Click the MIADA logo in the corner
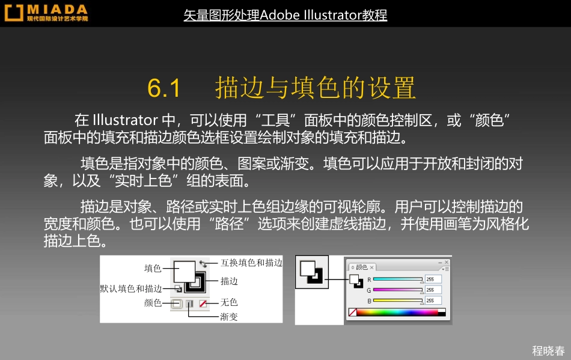pos(47,13)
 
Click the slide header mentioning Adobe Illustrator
pos(285,15)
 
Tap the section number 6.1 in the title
pos(164,88)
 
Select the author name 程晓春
pos(548,351)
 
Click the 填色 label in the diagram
pos(153,268)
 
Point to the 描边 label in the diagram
pos(229,281)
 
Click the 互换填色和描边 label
pos(251,263)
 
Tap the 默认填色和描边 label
pos(130,288)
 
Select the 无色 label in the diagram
pos(229,302)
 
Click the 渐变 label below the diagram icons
pos(229,317)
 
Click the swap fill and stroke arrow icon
pos(204,263)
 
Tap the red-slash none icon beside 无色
pos(203,304)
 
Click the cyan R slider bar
pos(398,279)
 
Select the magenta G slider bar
pos(398,290)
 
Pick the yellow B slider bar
pos(398,300)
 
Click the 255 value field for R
pos(433,279)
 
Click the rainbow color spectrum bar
pos(397,312)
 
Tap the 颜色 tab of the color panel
pos(362,267)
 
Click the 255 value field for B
pos(433,300)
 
